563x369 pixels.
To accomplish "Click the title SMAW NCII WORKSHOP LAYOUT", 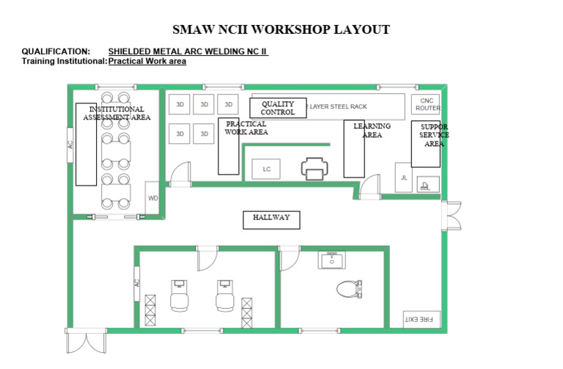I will pos(281,30).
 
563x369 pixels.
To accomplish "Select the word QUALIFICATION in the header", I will pos(56,51).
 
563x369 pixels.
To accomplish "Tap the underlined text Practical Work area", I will pos(147,61).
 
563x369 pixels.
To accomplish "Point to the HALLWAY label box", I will pos(271,218).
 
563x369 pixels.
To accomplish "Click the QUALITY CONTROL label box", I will pos(278,108).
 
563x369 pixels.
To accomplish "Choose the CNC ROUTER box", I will pos(427,104).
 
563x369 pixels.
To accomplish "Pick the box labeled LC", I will pos(267,169).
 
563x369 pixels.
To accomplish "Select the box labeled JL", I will pos(404,178).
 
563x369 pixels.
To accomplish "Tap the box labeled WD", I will pos(152,198).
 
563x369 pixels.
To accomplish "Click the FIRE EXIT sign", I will pos(422,319).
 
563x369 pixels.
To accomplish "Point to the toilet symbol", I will pos(350,288).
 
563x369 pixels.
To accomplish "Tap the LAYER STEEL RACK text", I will pos(338,107).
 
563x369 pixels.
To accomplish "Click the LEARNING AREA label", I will pos(372,131).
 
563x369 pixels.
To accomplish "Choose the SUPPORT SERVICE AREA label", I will pos(434,135).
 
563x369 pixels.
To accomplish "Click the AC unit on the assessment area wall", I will pos(70,145).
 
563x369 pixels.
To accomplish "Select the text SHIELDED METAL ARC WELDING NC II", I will pos(188,51).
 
